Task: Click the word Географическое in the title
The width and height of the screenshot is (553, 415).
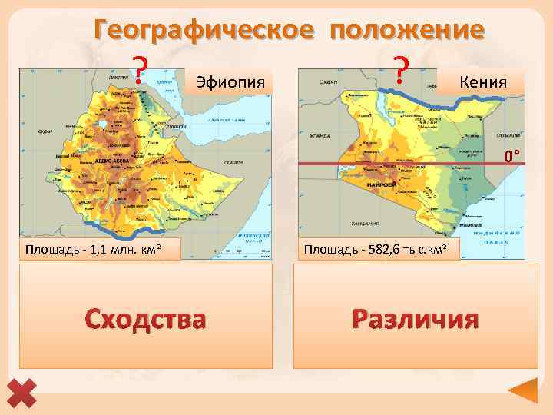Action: click(x=204, y=30)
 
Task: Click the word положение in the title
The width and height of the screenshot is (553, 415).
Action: click(x=408, y=30)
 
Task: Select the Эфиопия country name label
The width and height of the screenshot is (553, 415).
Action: click(x=230, y=81)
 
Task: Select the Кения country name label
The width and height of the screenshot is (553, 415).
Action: click(x=482, y=80)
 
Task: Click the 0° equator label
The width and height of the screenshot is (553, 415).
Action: click(x=512, y=157)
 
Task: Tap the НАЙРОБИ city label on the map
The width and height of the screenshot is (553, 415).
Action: click(x=382, y=185)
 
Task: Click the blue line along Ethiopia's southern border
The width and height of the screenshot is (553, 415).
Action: click(x=131, y=225)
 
